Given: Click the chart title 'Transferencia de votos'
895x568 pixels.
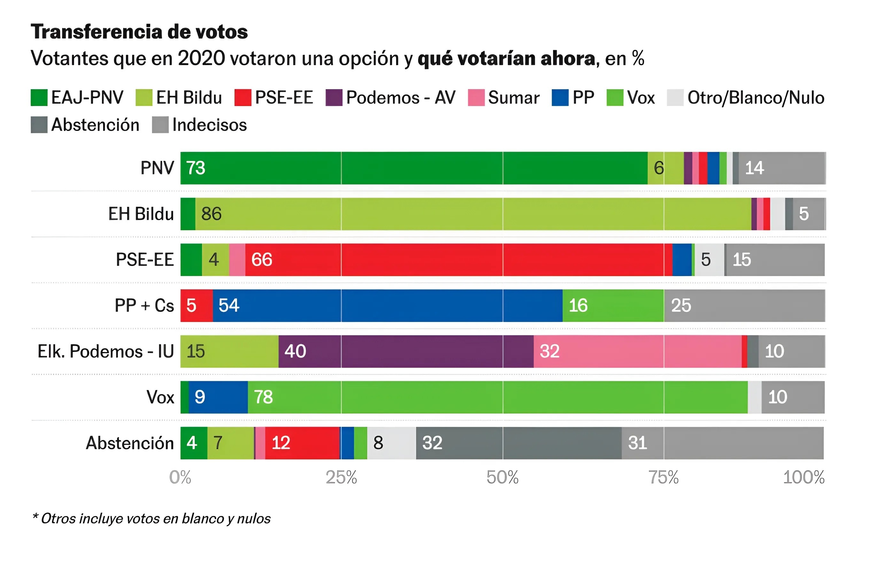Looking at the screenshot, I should [x=139, y=32].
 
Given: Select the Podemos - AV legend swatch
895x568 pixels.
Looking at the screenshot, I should [x=333, y=98].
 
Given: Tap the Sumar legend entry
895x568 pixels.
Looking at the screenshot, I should [x=504, y=98].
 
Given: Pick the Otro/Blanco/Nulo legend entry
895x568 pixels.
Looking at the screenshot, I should [x=745, y=98].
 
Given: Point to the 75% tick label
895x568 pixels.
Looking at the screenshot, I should [x=664, y=477].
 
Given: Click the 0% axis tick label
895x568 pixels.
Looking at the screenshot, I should [x=180, y=477].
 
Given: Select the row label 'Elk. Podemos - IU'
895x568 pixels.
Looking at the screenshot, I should [x=105, y=351].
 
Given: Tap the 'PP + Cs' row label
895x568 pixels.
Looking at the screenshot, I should [x=144, y=306].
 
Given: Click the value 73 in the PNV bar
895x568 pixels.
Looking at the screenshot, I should [x=196, y=168].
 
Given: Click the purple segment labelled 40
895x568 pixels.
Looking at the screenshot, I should [x=406, y=351].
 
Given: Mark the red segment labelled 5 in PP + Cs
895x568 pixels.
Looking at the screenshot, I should [x=196, y=306].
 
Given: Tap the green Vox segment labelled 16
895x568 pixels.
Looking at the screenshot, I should [x=613, y=306].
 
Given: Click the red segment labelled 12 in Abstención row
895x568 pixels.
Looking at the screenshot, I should [x=302, y=443].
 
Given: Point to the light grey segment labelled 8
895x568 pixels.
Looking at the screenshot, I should [x=391, y=443].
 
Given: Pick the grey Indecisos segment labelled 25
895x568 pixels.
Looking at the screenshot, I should [x=744, y=306].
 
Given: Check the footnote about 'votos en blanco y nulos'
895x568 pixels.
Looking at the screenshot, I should [x=152, y=518].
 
